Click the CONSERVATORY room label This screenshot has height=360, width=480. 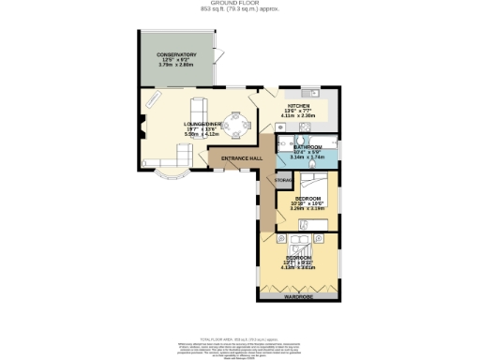pyautogui.click(x=176, y=55)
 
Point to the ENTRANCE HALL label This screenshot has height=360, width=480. pyautogui.click(x=240, y=157)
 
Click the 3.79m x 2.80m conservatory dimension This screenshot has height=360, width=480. pyautogui.click(x=176, y=67)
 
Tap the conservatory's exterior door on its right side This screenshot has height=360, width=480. pyautogui.click(x=219, y=62)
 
